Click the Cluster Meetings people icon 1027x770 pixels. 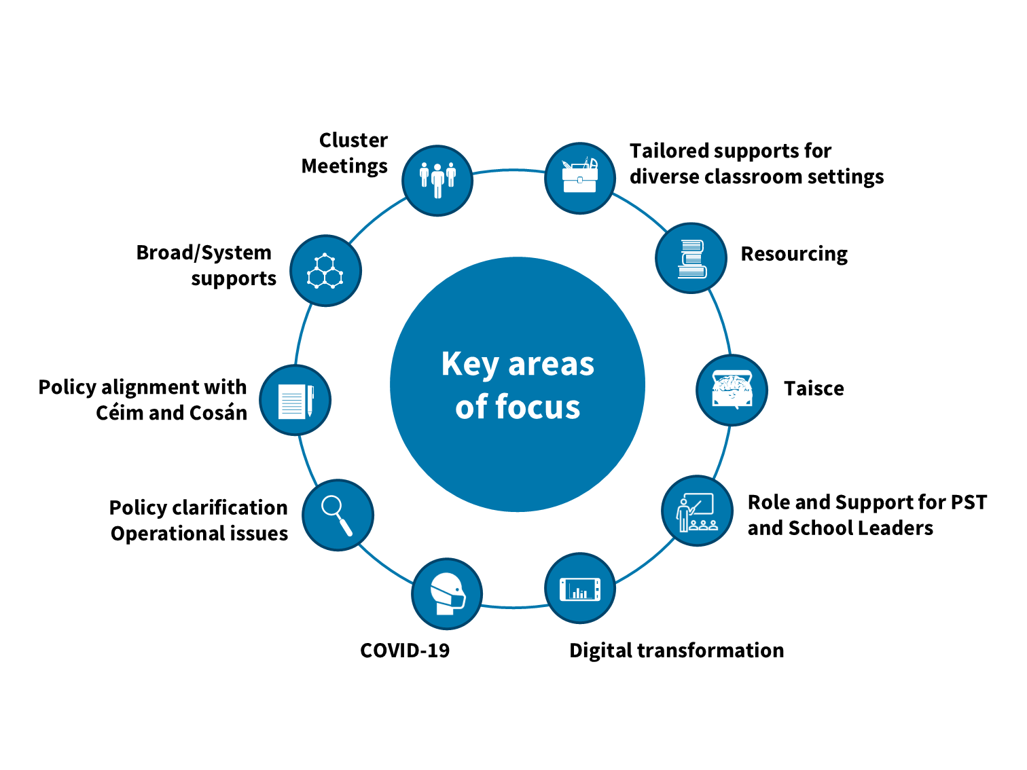point(437,180)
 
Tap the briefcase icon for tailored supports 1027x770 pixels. point(580,178)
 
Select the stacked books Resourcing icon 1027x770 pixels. point(691,258)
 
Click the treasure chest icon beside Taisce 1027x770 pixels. point(732,390)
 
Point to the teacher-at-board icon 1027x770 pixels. point(697,511)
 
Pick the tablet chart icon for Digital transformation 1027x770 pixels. point(580,588)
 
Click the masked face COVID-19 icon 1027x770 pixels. point(447,593)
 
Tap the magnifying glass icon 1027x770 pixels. point(338,515)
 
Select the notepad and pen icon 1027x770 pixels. point(295,400)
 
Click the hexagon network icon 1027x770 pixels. point(325,270)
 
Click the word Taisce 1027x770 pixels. point(814,388)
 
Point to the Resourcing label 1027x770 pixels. point(794,254)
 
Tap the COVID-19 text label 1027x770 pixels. point(405,650)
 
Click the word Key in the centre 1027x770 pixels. point(470,365)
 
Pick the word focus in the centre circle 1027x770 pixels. point(537,407)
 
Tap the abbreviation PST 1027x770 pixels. point(969,502)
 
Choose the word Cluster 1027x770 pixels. point(353,141)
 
